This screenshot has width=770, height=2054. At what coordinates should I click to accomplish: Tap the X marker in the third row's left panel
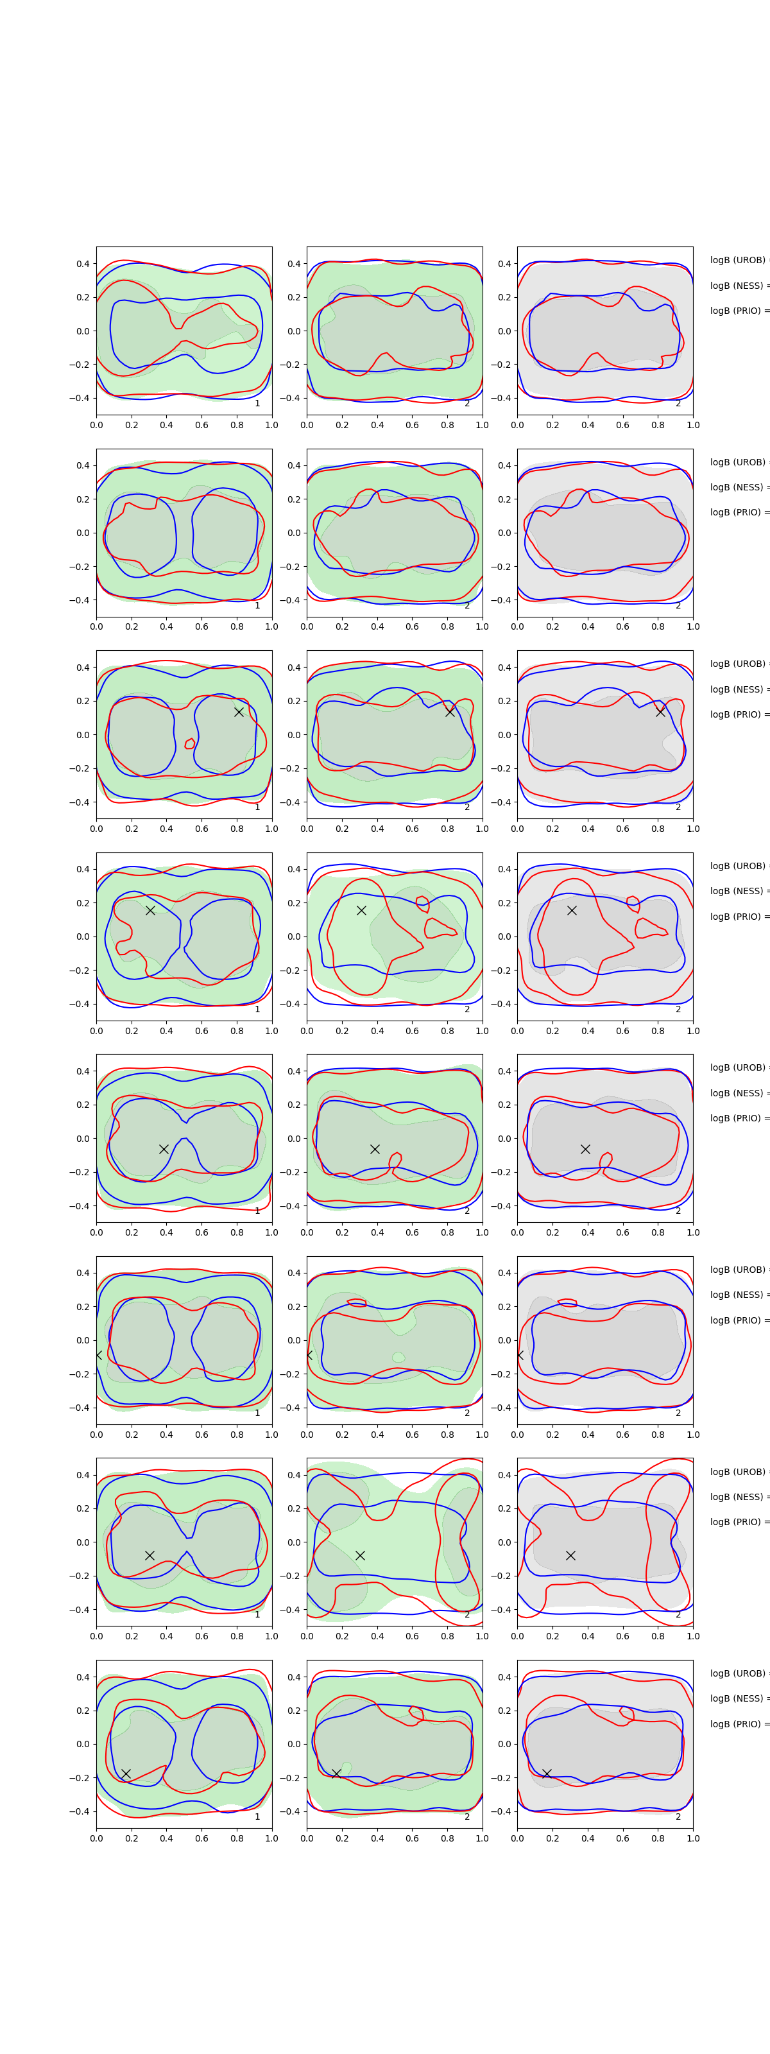238,711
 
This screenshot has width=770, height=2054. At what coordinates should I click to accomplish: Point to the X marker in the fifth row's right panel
585,1149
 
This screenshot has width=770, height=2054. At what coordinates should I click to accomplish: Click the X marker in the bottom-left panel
126,1774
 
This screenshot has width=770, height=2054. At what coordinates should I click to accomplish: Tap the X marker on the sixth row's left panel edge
98,1355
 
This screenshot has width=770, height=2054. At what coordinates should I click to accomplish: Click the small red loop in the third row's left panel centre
190,744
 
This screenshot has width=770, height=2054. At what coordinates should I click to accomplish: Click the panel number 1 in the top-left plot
257,404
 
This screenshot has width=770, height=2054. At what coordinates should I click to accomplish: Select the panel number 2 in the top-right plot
678,404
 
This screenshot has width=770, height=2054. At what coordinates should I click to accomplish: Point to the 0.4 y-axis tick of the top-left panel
83,264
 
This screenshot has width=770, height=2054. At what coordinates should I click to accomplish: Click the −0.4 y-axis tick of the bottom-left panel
80,1811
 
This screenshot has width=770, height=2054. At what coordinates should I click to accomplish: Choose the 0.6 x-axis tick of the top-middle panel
412,425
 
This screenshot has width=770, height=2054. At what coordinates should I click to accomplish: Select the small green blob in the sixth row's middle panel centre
398,1356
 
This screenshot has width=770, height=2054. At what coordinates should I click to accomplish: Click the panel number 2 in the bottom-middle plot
467,1817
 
